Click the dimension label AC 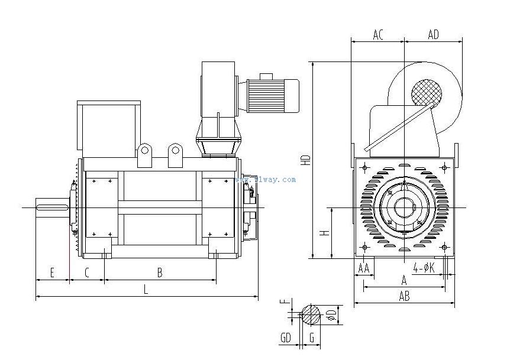click(x=378, y=35)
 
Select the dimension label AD click(x=433, y=35)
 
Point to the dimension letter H click(x=324, y=233)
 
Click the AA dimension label click(x=364, y=268)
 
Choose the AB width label click(x=404, y=297)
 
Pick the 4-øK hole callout click(x=424, y=267)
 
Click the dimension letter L click(x=146, y=289)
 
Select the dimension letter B click(x=159, y=273)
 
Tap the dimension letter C click(x=86, y=273)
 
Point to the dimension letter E click(x=52, y=273)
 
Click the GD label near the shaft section click(x=286, y=338)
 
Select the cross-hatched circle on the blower click(x=427, y=93)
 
